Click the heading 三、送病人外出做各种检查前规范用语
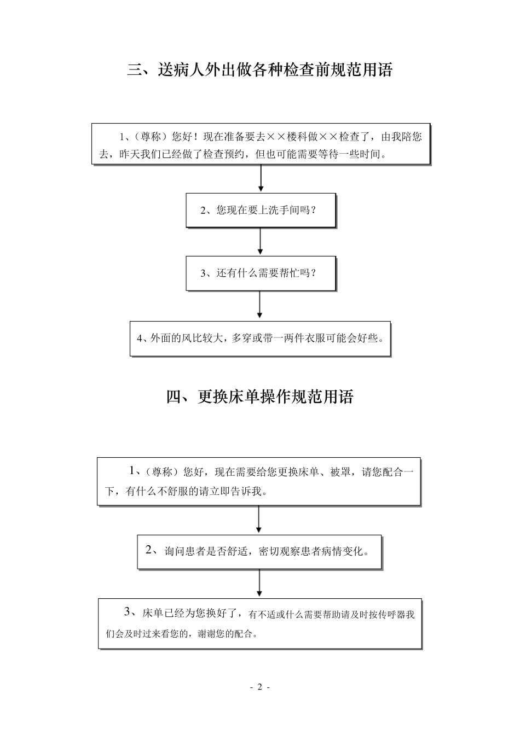tap(260, 71)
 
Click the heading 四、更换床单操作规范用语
tap(260, 396)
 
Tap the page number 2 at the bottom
tap(260, 687)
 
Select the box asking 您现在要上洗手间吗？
tap(260, 210)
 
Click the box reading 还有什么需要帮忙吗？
tap(260, 273)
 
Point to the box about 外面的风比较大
tap(260, 339)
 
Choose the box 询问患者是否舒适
tap(259, 552)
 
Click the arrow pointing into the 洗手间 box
tap(261, 178)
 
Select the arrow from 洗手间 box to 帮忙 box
tap(260, 242)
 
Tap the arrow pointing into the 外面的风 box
tap(259, 305)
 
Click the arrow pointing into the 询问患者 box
tap(259, 520)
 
